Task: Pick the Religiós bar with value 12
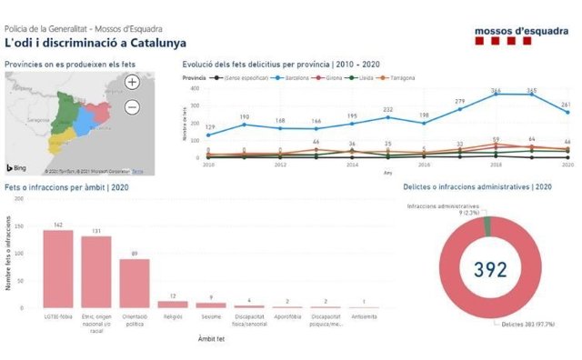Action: [x=172, y=305]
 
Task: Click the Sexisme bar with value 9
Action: [x=210, y=306]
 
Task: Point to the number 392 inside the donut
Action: [x=489, y=269]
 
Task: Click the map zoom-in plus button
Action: [x=133, y=83]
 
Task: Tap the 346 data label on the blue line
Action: [x=497, y=91]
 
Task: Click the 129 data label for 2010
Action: [x=211, y=127]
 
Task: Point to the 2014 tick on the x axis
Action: [x=351, y=165]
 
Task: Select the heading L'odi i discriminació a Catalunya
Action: [x=95, y=43]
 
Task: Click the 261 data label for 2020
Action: [x=564, y=105]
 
